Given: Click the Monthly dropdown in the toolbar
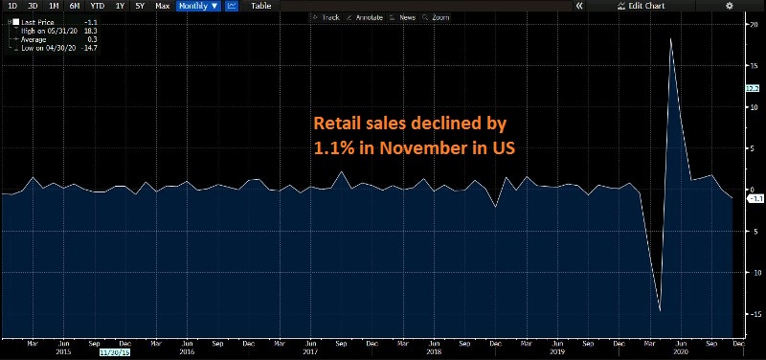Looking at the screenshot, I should pos(198,6).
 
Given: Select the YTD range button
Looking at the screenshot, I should pos(97,6).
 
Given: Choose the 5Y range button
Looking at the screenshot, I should pos(140,6).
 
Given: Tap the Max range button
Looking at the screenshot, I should pos(162,6).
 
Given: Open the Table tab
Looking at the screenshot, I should pos(260,6).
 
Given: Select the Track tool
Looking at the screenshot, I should pos(327,17).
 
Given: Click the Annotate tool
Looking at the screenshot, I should pos(365,17).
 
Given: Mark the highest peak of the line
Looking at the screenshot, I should pos(670,39).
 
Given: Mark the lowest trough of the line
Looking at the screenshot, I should pos(660,310).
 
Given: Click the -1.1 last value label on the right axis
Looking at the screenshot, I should pos(754,199).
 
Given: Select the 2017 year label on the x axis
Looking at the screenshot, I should pos(309,352).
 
